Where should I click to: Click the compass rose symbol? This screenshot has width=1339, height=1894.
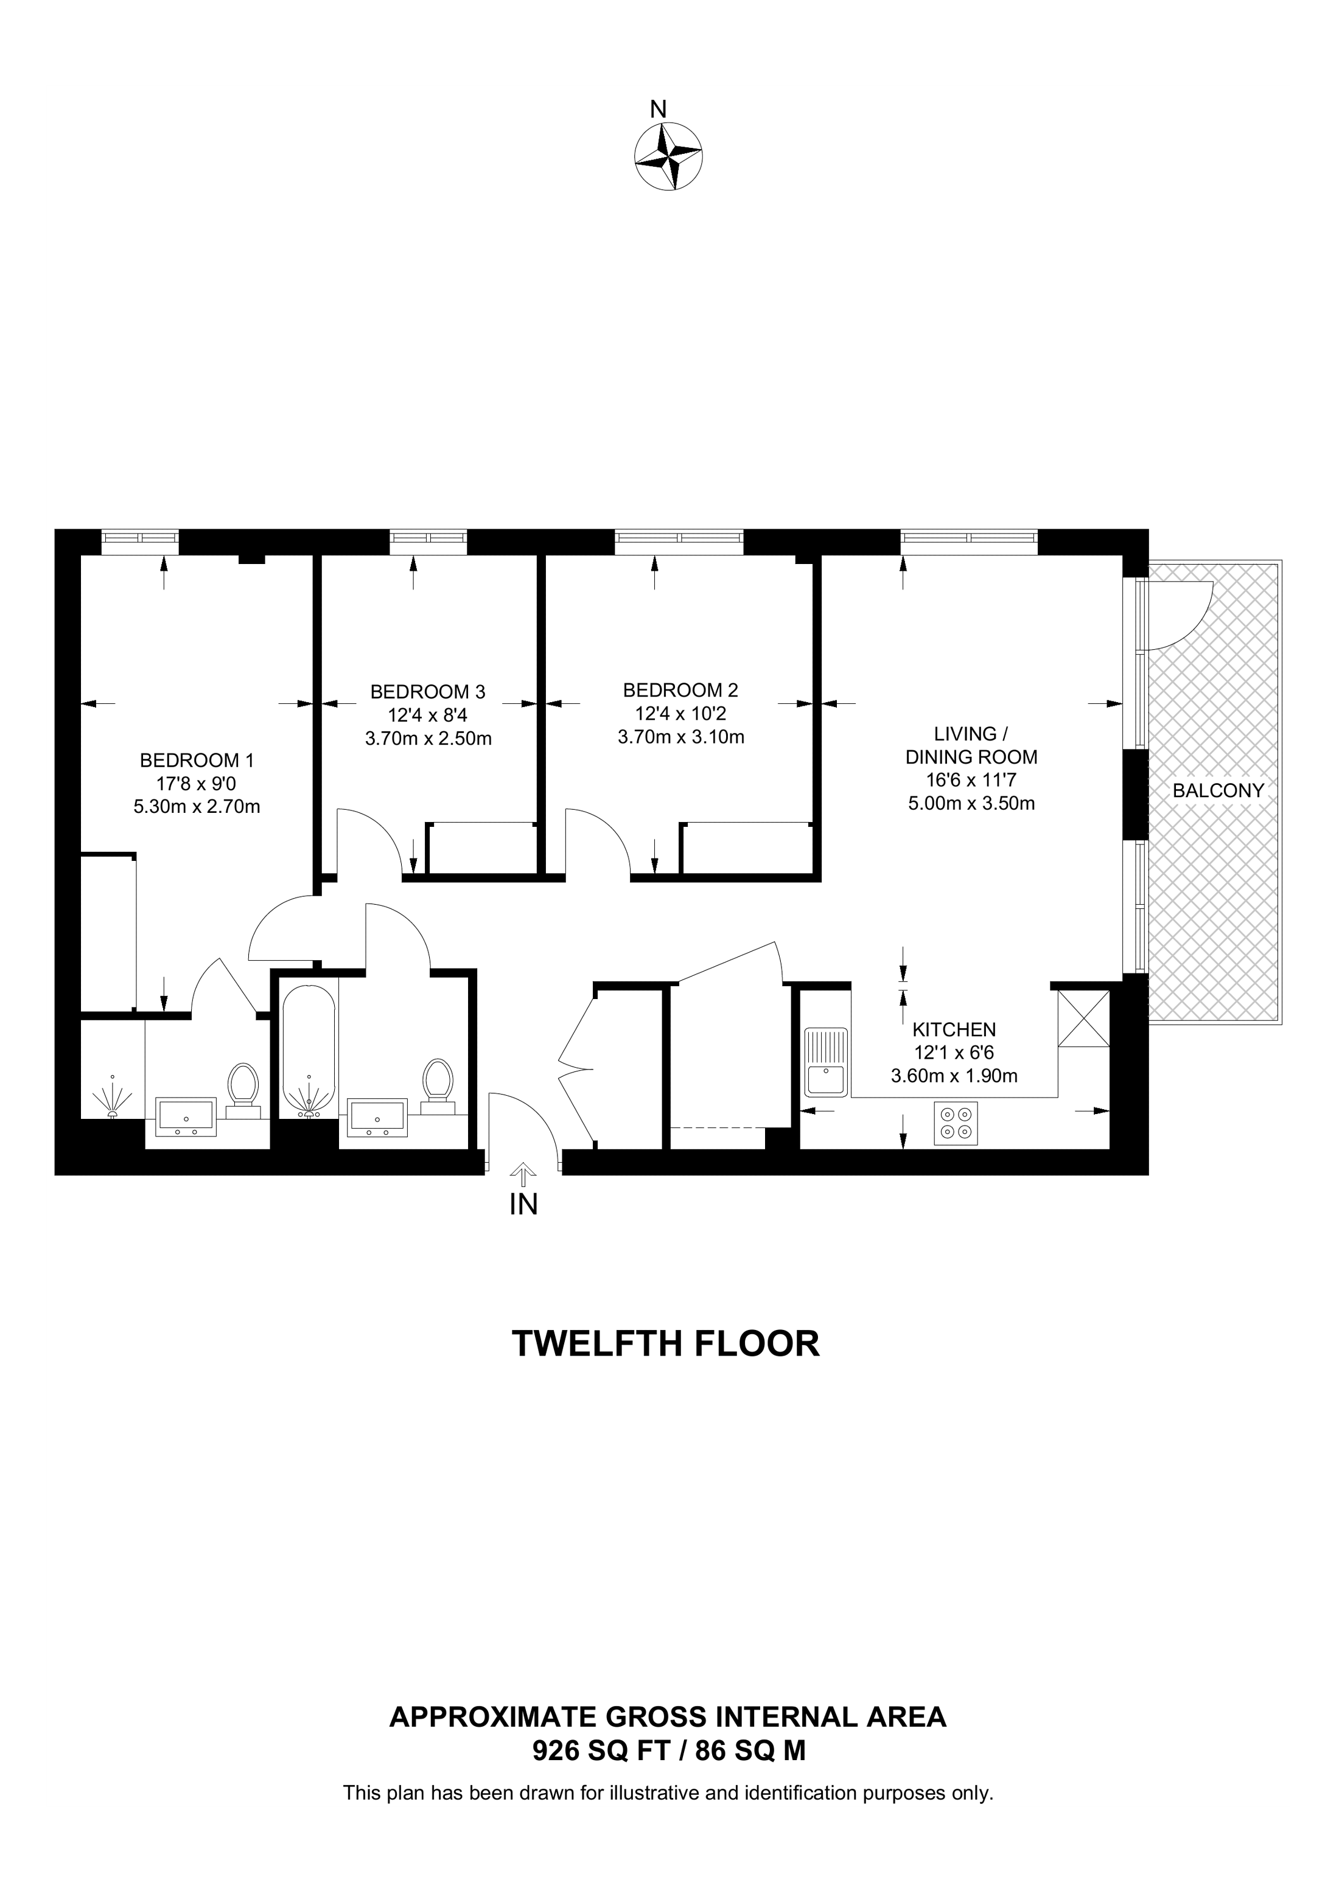click(668, 157)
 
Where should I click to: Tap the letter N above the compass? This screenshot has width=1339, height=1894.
click(657, 109)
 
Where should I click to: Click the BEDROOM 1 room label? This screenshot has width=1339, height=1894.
click(197, 760)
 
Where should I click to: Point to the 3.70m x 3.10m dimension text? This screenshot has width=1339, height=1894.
click(680, 737)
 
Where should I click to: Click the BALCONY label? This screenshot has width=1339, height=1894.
click(1218, 790)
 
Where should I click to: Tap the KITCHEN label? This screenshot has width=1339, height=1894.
click(954, 1029)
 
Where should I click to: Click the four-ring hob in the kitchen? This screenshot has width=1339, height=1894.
click(956, 1124)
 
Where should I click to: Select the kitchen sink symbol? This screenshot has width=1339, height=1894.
click(826, 1064)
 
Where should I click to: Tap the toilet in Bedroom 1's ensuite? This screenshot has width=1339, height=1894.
click(243, 1087)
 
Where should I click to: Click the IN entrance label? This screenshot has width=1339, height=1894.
click(523, 1205)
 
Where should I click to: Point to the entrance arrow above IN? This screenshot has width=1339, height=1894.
click(522, 1173)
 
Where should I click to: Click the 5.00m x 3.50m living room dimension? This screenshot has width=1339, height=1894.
click(971, 803)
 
